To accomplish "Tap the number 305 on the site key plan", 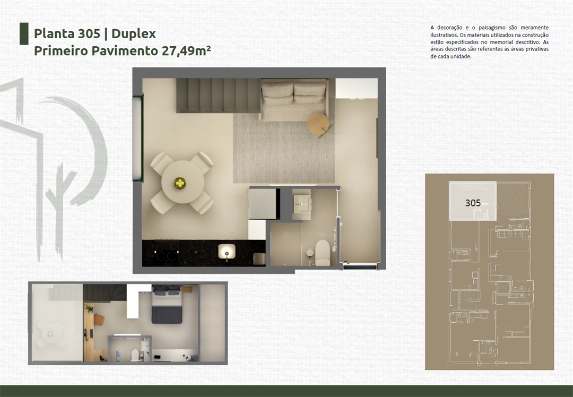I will tap(473, 203).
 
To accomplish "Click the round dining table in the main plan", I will tap(182, 183).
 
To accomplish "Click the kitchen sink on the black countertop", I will tap(227, 251).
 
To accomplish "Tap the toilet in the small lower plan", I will tap(135, 353).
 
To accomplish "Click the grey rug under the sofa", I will tap(284, 151).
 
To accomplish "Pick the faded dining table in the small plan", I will tap(51, 333).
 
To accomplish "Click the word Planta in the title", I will tap(51, 33).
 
